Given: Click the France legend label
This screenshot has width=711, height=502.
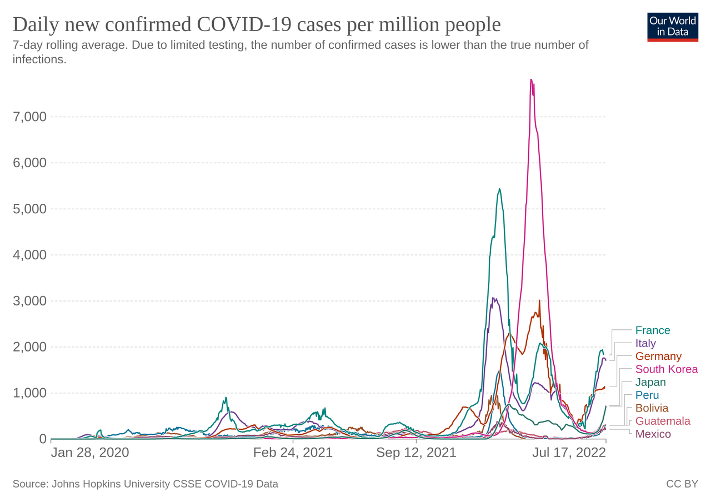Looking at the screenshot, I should pyautogui.click(x=653, y=330).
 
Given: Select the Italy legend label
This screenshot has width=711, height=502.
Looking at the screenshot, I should pyautogui.click(x=645, y=343).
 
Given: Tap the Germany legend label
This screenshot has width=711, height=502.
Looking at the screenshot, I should pyautogui.click(x=658, y=357).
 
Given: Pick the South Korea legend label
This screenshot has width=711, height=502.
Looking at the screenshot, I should pyautogui.click(x=667, y=369).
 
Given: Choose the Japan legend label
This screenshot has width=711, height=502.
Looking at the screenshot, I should pyautogui.click(x=650, y=382).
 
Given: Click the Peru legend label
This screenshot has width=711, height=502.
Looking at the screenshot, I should pyautogui.click(x=647, y=395).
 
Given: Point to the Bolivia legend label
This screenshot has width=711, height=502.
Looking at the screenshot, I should pyautogui.click(x=652, y=408).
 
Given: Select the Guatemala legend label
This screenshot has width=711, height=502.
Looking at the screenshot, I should pyautogui.click(x=663, y=421).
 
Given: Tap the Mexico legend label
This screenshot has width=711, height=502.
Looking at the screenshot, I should pyautogui.click(x=653, y=434).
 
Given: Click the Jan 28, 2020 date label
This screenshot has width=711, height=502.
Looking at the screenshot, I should pyautogui.click(x=90, y=453).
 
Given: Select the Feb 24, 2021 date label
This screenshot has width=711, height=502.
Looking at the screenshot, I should pyautogui.click(x=293, y=453).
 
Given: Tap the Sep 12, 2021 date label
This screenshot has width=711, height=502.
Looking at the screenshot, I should pyautogui.click(x=416, y=453).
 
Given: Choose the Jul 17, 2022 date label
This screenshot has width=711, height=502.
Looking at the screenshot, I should pyautogui.click(x=569, y=453).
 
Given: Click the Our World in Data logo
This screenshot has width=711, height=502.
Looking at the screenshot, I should pyautogui.click(x=673, y=26).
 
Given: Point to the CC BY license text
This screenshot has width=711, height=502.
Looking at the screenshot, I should pyautogui.click(x=682, y=484).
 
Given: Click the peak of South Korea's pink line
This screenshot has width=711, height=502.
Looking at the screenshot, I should pyautogui.click(x=531, y=79).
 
